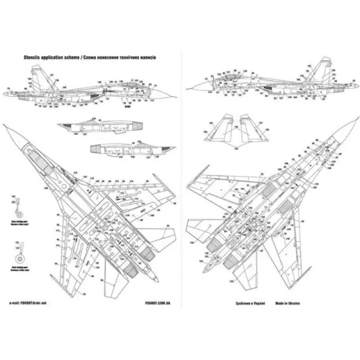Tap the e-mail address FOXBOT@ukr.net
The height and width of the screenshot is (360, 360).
click(30, 303)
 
